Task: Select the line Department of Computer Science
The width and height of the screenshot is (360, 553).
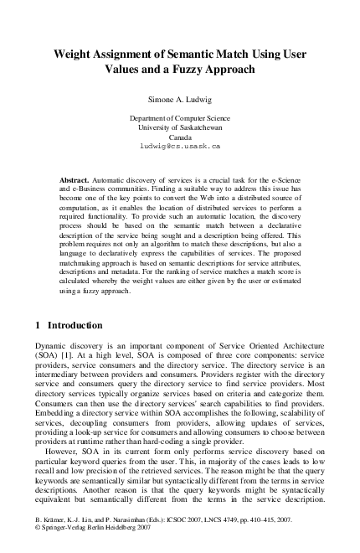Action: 180,119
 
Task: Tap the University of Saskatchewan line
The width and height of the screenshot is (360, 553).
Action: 180,127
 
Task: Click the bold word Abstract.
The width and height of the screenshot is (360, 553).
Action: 76,180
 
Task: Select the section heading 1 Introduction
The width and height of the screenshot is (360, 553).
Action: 69,324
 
